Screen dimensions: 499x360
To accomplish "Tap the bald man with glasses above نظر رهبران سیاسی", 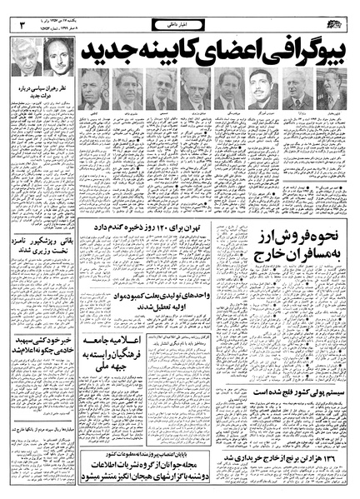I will [59, 57].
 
